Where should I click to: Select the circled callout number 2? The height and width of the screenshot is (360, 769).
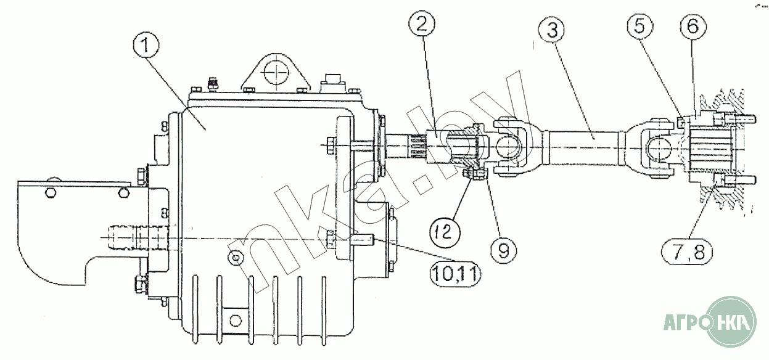tap(422, 24)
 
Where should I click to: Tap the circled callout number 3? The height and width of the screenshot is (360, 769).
tap(552, 30)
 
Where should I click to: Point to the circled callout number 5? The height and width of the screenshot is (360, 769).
tap(640, 27)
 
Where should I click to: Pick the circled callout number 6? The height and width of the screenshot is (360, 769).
tap(693, 27)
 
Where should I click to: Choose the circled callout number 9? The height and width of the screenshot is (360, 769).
tap(503, 252)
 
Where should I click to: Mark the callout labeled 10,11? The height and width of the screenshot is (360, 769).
tap(455, 274)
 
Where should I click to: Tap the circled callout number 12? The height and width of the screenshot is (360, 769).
tap(445, 232)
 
